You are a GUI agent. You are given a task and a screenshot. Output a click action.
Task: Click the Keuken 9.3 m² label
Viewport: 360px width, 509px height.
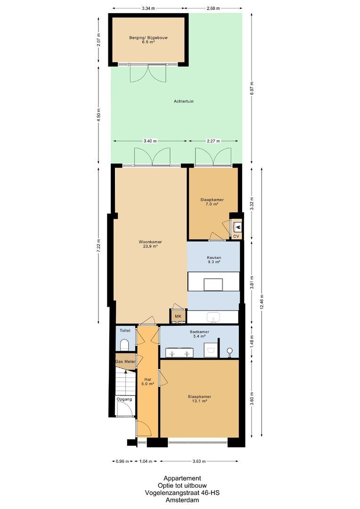pyautogui.click(x=213, y=260)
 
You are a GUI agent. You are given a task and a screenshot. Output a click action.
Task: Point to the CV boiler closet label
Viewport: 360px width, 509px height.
pyautogui.click(x=236, y=237)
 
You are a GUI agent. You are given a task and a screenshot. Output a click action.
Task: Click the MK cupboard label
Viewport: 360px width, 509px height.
pyautogui.click(x=178, y=316)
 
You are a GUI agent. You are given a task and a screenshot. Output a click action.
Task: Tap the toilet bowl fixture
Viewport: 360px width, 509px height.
pyautogui.click(x=125, y=345)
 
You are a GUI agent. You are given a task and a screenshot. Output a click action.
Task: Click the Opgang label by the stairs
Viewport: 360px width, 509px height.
pyautogui.click(x=125, y=399)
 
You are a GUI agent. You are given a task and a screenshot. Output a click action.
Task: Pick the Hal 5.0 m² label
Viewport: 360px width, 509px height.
pyautogui.click(x=147, y=381)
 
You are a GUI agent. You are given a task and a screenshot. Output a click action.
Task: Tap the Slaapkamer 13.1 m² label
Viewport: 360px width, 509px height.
pyautogui.click(x=199, y=399)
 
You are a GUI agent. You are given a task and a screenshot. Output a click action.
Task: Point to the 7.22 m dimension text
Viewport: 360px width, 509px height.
pyautogui.click(x=98, y=245)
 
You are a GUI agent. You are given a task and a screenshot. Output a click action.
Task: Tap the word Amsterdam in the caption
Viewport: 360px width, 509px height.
pyautogui.click(x=182, y=501)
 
